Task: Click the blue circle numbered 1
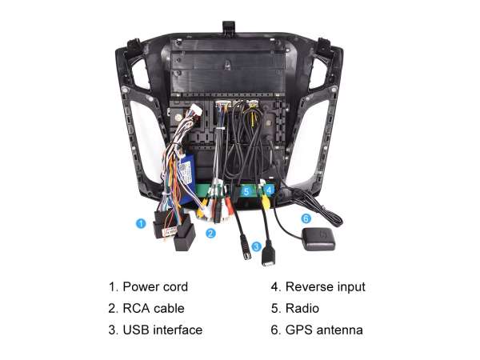click(141, 223)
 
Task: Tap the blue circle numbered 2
click(210, 234)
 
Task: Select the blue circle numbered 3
click(256, 246)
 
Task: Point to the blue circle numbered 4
click(269, 190)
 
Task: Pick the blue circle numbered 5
click(246, 192)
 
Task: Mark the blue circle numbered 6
click(306, 218)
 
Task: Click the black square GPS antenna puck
click(318, 238)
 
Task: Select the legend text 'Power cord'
click(155, 287)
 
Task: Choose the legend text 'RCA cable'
click(154, 308)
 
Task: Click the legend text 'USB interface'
click(162, 330)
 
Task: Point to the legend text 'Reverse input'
click(326, 287)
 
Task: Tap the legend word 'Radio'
click(302, 308)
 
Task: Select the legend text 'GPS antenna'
click(324, 330)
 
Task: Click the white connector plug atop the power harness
click(194, 111)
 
